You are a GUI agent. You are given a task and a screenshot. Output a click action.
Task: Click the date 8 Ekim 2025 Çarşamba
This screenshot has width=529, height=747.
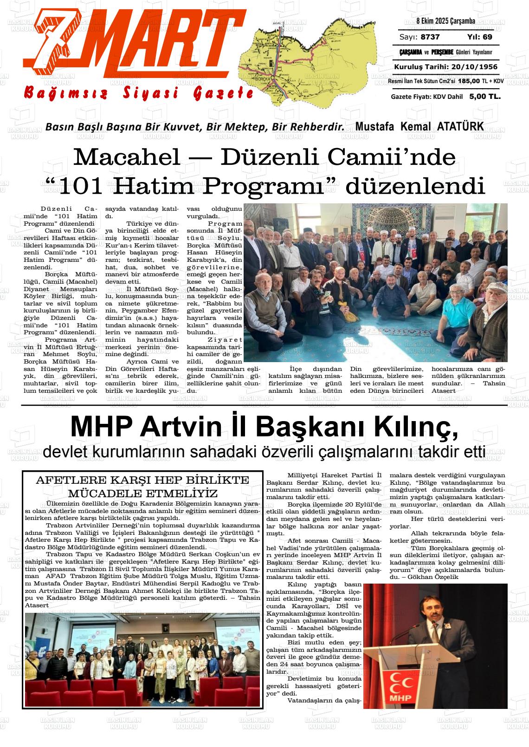click(x=445, y=21)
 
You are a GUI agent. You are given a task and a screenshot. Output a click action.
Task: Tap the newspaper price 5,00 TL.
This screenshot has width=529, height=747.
click(x=485, y=97)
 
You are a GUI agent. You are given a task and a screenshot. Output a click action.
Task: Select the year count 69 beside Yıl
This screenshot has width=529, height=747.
click(x=487, y=37)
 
